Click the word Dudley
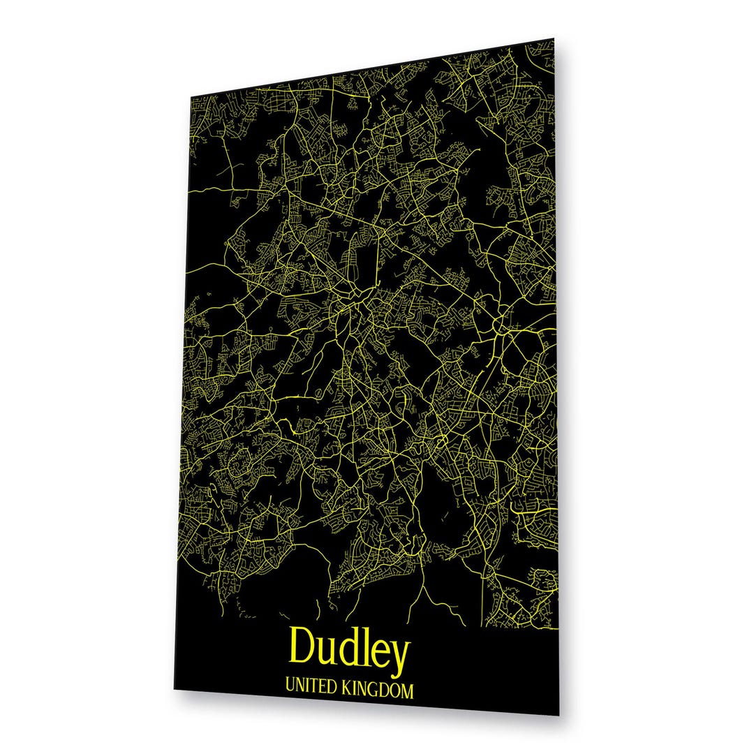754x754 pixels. click(348, 648)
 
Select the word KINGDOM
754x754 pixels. click(378, 691)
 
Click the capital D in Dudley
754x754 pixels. click(302, 645)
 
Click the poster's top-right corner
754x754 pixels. click(554, 39)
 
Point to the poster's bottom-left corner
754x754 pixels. click(174, 688)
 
